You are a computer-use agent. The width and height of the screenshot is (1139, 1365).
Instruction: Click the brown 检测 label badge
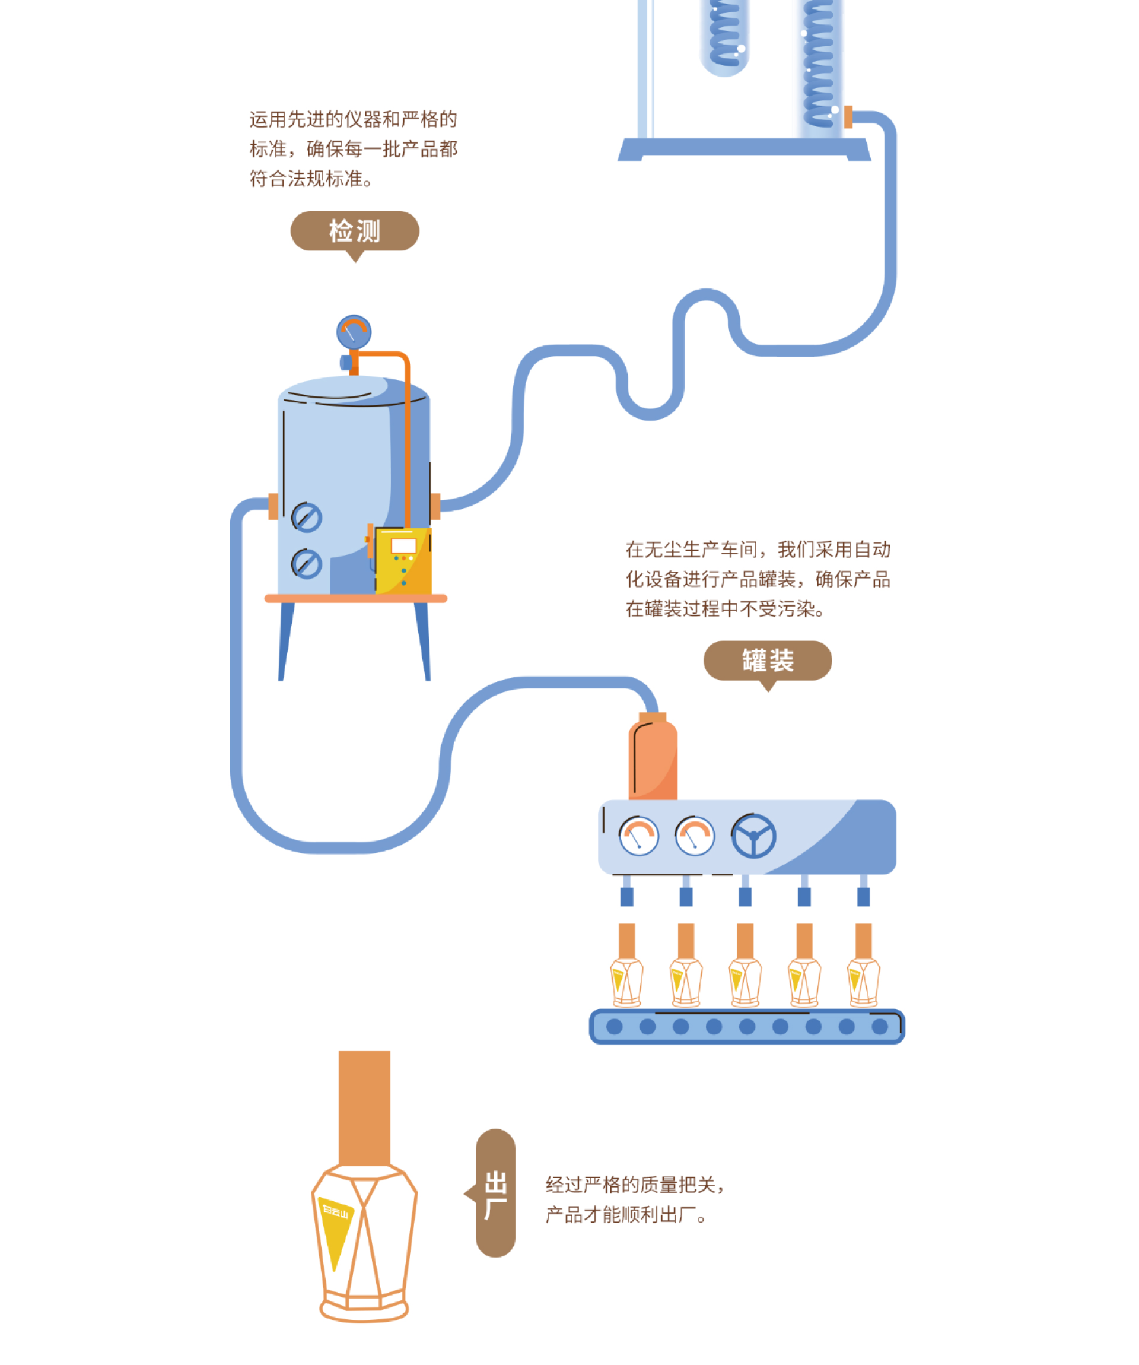click(354, 231)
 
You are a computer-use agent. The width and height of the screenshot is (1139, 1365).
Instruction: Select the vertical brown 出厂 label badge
click(495, 1193)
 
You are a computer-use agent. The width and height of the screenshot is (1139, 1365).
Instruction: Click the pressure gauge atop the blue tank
click(354, 332)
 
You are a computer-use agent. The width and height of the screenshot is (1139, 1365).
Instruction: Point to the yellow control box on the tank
click(403, 560)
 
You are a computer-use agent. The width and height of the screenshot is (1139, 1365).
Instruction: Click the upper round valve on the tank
click(306, 518)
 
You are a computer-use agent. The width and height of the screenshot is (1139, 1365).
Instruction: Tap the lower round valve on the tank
click(306, 564)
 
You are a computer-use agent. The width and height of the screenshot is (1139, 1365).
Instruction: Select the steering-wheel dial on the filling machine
click(752, 836)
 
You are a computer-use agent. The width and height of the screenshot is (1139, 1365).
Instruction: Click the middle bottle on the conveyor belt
click(745, 982)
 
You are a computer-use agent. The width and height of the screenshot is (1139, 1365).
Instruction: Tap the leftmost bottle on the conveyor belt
click(626, 982)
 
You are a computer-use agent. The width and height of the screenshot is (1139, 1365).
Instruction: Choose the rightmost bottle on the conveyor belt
click(863, 982)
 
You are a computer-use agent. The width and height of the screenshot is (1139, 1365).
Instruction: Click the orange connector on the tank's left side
click(273, 506)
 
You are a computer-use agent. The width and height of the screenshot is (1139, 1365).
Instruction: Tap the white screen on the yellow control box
click(403, 545)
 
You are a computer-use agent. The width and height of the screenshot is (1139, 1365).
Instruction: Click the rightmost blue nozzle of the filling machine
click(863, 896)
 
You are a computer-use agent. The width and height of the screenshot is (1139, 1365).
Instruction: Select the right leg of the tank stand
click(422, 640)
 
